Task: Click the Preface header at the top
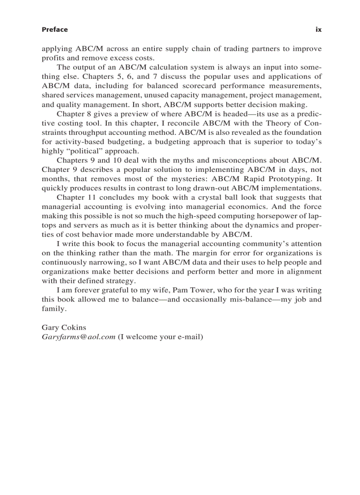55,30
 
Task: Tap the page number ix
319,30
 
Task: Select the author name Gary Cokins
64,328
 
